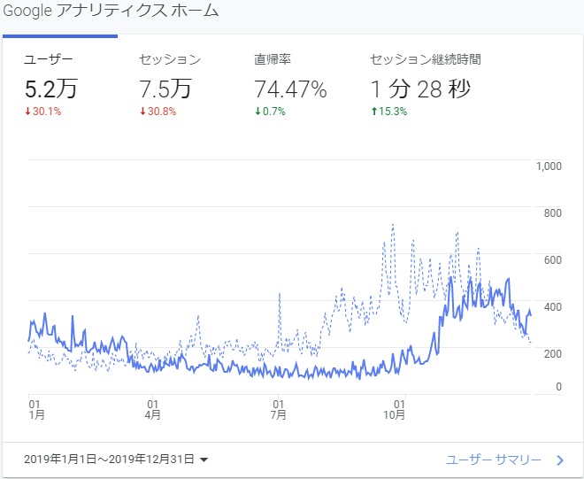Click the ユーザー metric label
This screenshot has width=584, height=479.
(x=49, y=60)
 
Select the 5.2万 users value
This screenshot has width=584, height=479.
(x=52, y=89)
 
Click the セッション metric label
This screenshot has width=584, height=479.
(x=170, y=60)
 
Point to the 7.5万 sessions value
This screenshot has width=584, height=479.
(x=167, y=89)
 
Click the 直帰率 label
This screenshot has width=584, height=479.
(x=273, y=60)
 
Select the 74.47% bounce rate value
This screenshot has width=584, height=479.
(x=290, y=89)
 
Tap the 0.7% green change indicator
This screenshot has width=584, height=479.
(x=273, y=111)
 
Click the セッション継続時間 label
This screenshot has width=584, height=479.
(x=426, y=60)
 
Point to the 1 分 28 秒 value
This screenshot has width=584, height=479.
(x=420, y=89)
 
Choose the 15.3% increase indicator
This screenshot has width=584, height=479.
(x=391, y=111)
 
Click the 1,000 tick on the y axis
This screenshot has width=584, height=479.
(x=549, y=166)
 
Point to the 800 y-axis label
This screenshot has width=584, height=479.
(x=553, y=212)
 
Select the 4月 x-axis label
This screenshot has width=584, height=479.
(x=152, y=414)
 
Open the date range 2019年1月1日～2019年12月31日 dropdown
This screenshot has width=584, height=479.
(x=118, y=460)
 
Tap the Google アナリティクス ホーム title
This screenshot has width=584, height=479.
(x=110, y=12)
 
